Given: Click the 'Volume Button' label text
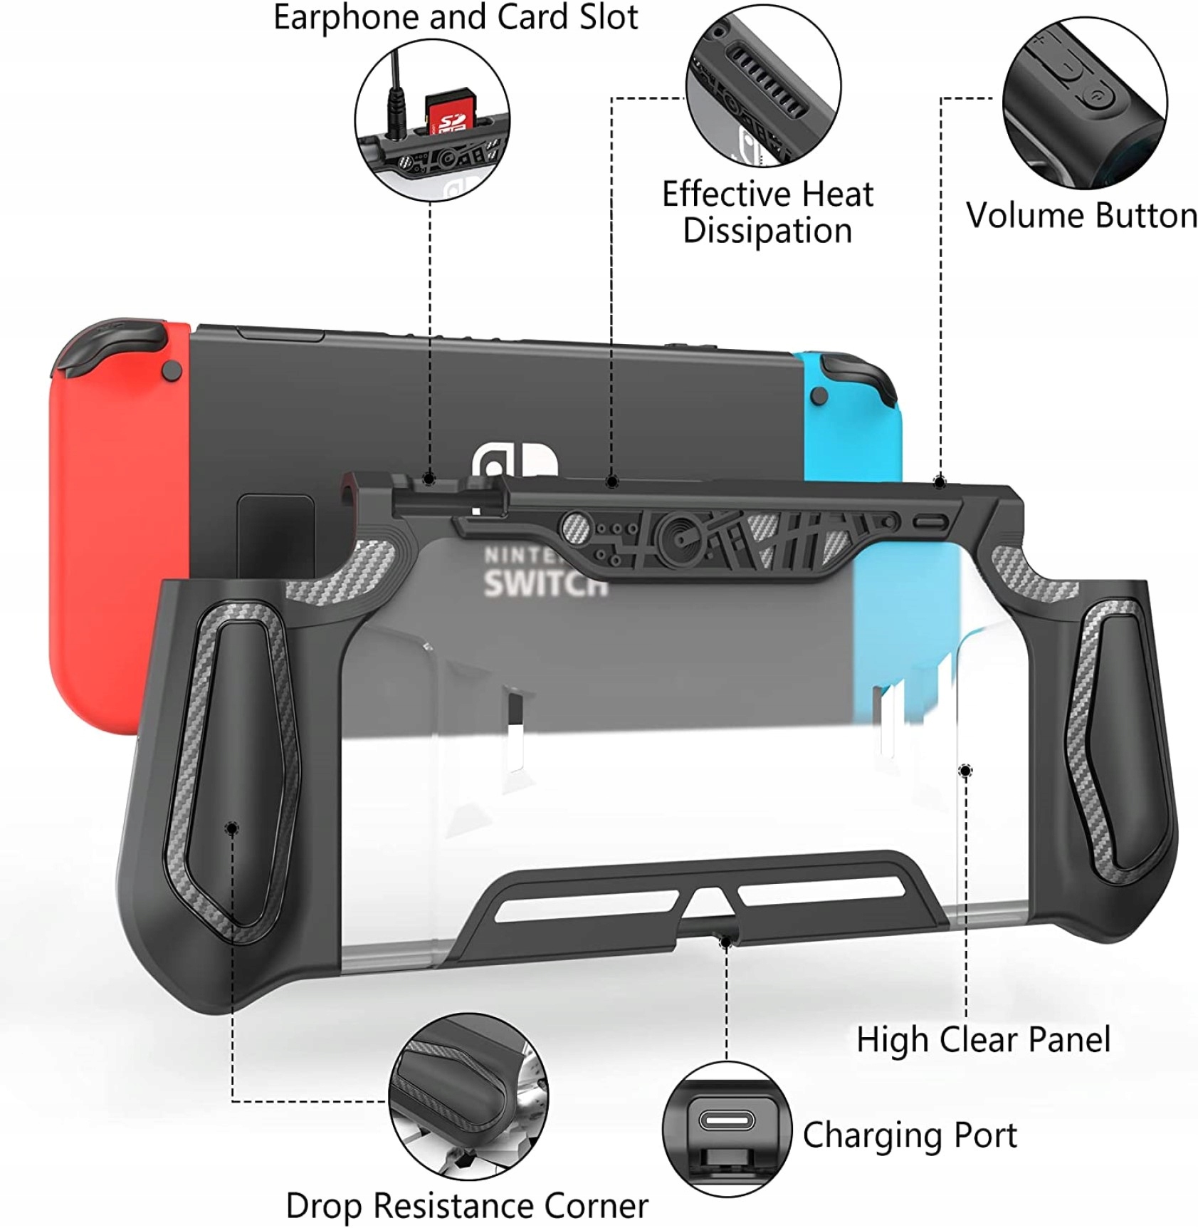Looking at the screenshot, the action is [1081, 215].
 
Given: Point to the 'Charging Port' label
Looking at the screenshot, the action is [909, 1135].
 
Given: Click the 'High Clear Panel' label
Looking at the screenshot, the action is [983, 1039].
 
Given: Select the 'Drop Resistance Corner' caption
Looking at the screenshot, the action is [467, 1206].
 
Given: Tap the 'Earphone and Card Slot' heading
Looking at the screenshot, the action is [456, 17].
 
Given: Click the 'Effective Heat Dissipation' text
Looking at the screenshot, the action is [767, 212].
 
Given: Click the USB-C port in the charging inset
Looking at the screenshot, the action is [726, 1120].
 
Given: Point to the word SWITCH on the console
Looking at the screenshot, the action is [545, 583].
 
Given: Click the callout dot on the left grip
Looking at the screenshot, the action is [232, 828].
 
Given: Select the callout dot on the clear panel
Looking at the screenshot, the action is [966, 771].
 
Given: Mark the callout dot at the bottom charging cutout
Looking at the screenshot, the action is [725, 942].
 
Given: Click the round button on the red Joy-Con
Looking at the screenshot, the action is [172, 370].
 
